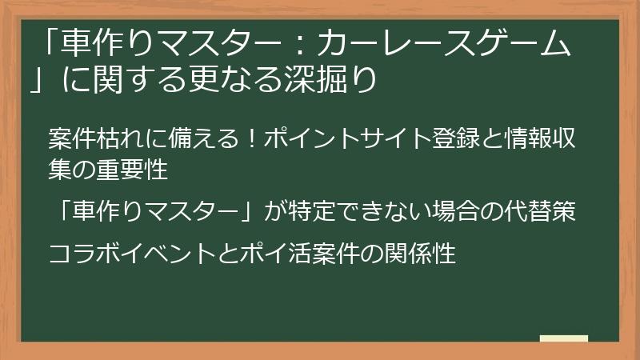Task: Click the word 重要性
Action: click(144, 170)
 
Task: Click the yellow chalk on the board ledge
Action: click(564, 338)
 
